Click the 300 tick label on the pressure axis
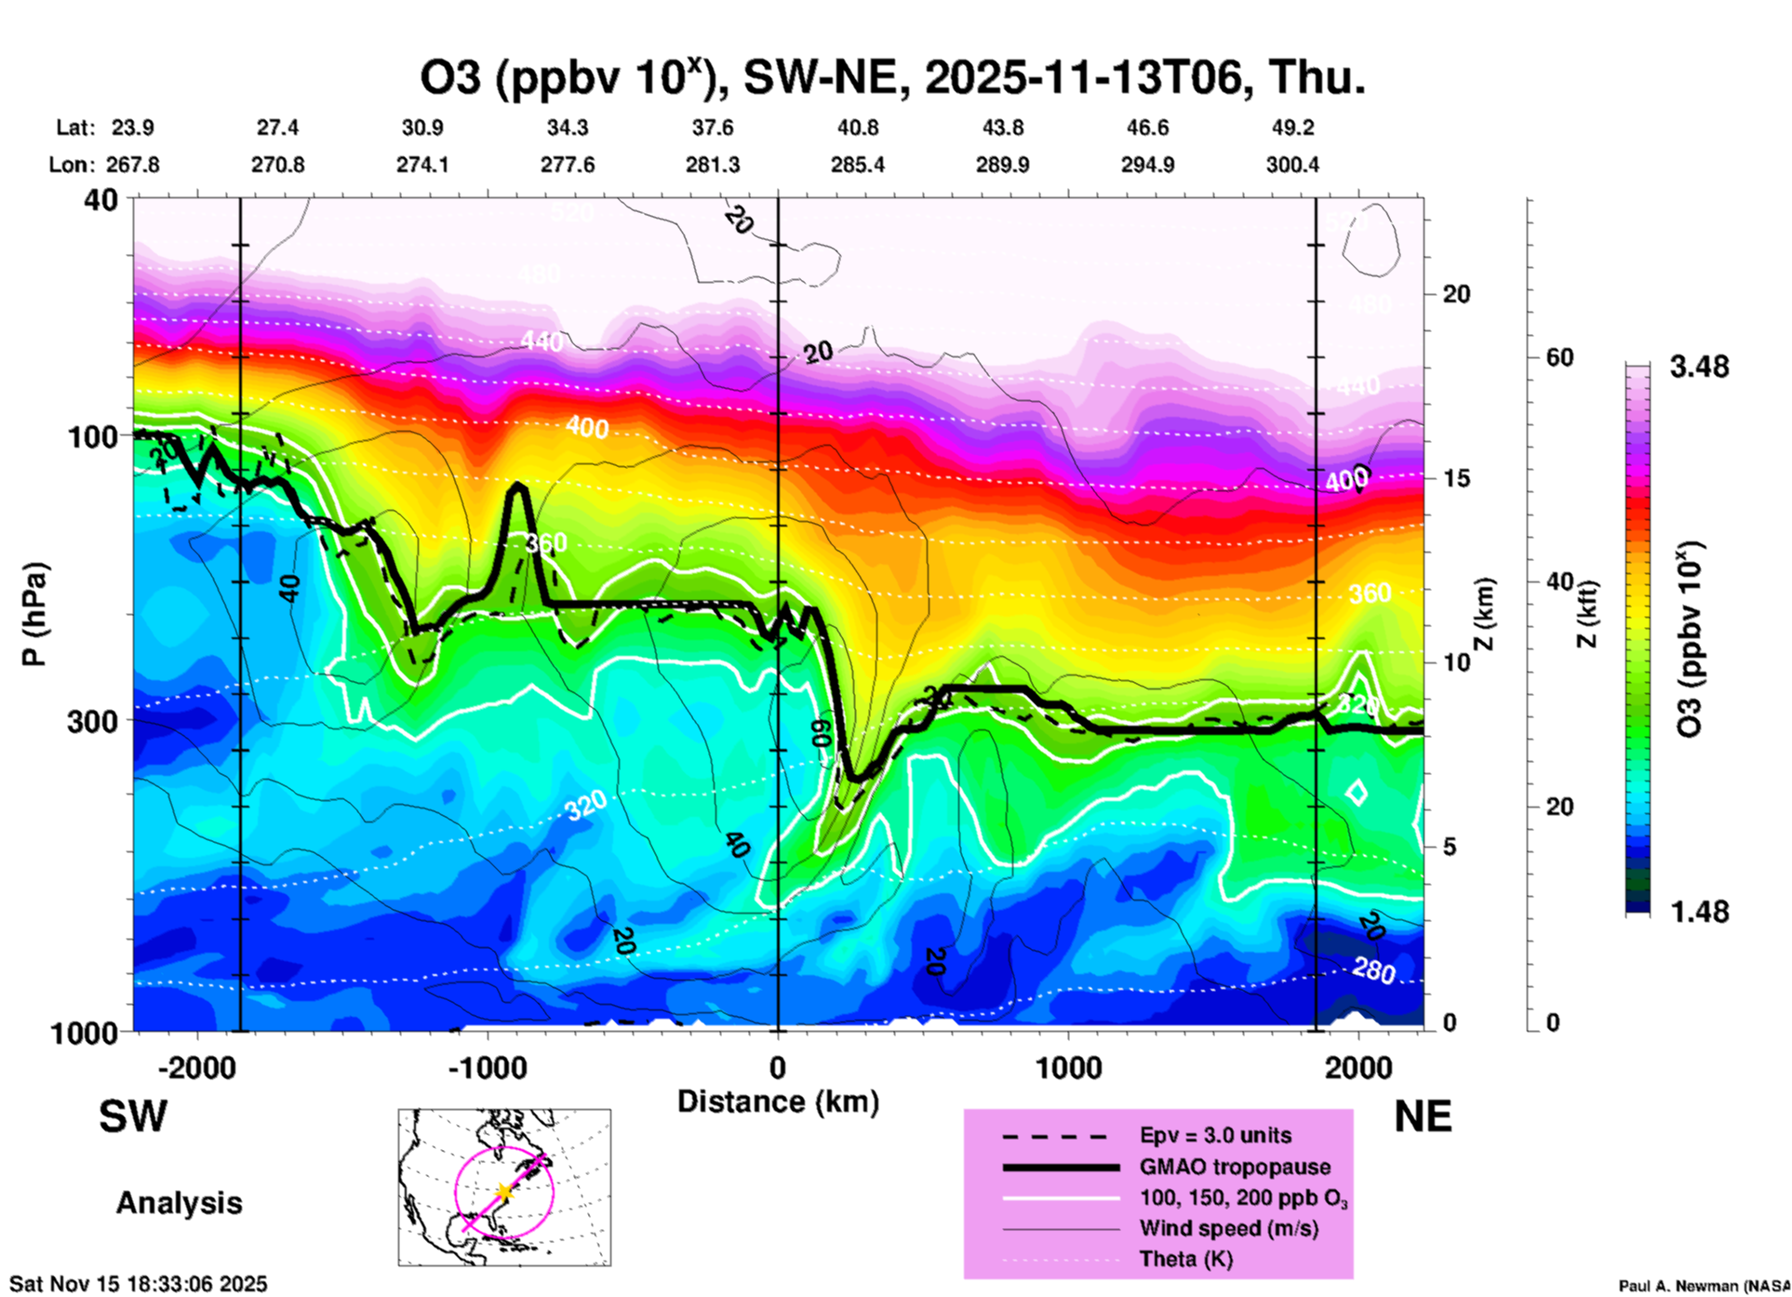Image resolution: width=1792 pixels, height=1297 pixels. point(92,721)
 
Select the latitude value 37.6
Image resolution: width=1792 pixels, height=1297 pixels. point(713,127)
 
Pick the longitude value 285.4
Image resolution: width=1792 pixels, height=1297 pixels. point(857,165)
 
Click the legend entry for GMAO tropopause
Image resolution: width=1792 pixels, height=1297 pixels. point(1235,1167)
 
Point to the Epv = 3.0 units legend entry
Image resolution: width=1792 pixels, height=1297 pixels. point(1215,1135)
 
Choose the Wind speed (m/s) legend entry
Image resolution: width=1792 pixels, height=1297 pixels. point(1228,1228)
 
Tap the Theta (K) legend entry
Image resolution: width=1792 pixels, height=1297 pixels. point(1185,1259)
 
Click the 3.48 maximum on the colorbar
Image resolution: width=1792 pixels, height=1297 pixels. point(1699,368)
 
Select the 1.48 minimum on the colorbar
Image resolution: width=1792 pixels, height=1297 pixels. point(1699,912)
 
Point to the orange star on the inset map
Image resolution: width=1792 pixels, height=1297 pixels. point(504,1192)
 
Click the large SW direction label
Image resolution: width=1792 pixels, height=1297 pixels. point(133,1116)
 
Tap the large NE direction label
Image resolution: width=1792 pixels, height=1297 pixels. point(1423,1116)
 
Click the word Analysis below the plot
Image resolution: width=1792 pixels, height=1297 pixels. point(179,1203)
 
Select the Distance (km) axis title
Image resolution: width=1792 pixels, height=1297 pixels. point(778,1102)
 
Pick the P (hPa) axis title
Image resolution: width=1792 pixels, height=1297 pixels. point(34,614)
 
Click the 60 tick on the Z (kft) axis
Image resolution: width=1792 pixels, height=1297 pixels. point(1559,357)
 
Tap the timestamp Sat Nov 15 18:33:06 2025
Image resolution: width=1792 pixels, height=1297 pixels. point(139,1284)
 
